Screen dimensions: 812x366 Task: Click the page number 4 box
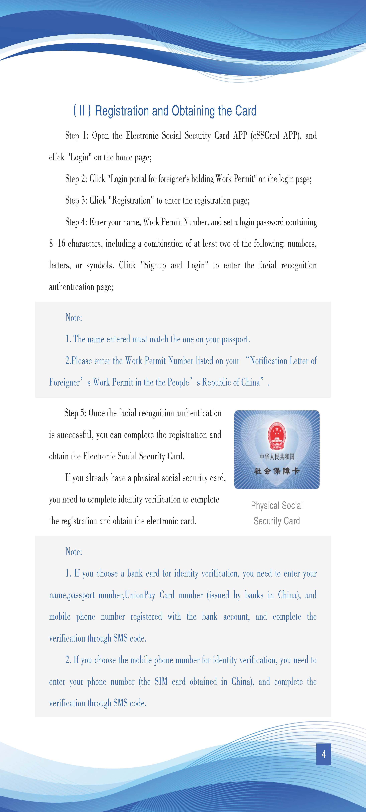[323, 754]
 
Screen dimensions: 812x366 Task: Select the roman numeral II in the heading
[82, 111]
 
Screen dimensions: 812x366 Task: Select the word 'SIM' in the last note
[161, 681]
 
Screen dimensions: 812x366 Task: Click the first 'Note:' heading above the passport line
[74, 317]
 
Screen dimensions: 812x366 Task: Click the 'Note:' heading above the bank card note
[74, 552]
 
